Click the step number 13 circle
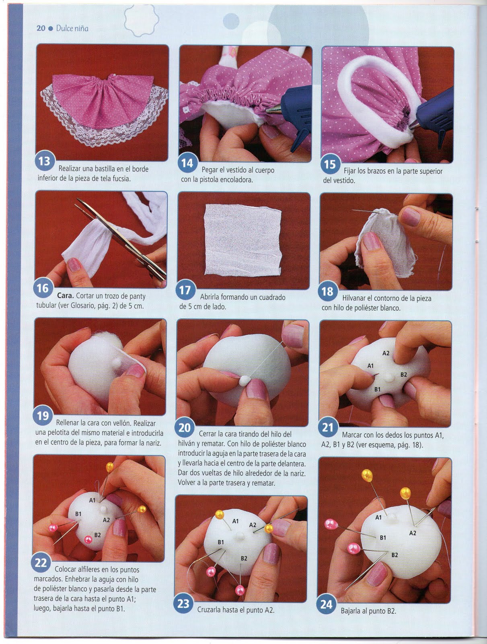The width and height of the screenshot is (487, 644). point(45,162)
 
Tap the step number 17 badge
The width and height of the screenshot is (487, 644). point(185,290)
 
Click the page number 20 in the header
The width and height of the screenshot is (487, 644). point(41,28)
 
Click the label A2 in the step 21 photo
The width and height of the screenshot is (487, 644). point(386,353)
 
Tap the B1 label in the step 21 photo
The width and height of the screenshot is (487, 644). point(378,389)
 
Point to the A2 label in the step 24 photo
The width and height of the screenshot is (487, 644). point(413,533)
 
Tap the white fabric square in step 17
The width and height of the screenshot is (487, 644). point(243,239)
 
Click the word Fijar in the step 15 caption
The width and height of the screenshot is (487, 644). point(349,171)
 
